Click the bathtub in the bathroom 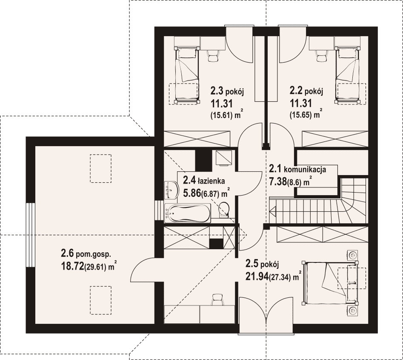tap(187, 213)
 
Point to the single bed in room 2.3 tap(187, 75)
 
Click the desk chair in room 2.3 tap(213, 55)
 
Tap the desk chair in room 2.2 tap(321, 55)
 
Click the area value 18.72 tap(72, 266)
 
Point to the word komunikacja tap(305, 169)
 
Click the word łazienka tap(211, 181)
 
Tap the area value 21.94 tap(257, 276)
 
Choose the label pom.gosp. tap(94, 254)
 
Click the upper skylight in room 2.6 tap(100, 169)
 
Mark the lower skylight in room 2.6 tap(100, 300)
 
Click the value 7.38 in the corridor tap(277, 181)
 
